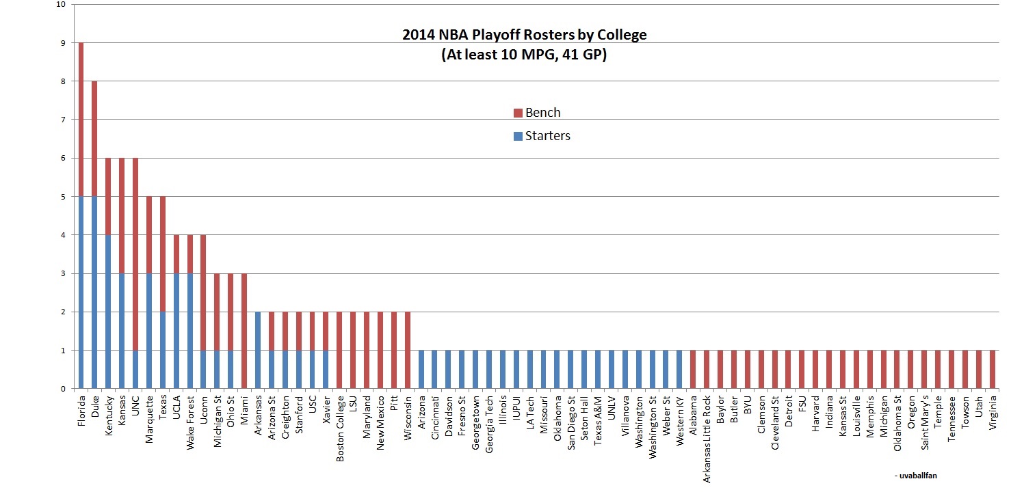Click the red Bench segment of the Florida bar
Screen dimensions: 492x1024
click(x=81, y=120)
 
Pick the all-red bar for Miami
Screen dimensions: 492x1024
click(x=244, y=331)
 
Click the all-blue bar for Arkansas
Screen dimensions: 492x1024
click(x=258, y=350)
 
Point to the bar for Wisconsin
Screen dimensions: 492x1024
click(x=408, y=350)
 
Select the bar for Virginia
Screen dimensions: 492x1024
click(x=993, y=370)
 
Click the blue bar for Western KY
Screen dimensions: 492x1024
click(x=679, y=370)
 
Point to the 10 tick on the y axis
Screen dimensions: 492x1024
click(x=62, y=4)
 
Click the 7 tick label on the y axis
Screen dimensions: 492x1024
click(x=63, y=120)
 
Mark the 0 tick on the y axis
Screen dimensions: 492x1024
click(x=63, y=389)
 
